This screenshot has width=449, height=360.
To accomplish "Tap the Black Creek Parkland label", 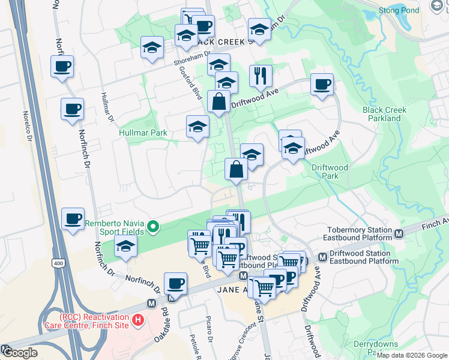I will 384,114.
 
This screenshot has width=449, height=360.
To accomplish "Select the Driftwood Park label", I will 330,172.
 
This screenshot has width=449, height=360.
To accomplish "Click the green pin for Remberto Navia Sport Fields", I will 153,226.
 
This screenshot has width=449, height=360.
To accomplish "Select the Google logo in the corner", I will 20,353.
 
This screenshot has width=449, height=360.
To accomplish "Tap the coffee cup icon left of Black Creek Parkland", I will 322,85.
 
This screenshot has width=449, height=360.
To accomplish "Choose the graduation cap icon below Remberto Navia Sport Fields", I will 125,247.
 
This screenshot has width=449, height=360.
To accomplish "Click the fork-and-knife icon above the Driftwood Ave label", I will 261,76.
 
